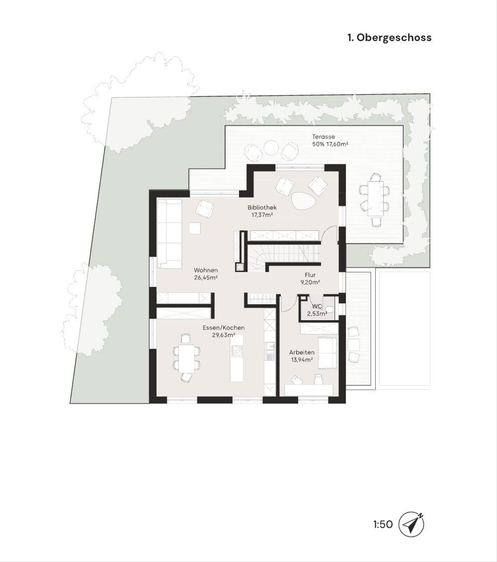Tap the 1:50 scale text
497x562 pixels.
383,524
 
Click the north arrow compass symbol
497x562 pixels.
411,524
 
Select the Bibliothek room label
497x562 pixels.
262,207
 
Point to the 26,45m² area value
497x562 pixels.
206,278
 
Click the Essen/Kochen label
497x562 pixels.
223,327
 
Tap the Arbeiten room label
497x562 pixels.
302,352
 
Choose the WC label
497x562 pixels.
317,306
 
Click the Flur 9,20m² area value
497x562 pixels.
310,282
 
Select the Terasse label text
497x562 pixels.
323,137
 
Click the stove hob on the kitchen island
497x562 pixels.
237,351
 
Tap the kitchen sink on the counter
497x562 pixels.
270,354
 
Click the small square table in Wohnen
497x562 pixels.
195,228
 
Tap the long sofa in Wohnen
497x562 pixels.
169,234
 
